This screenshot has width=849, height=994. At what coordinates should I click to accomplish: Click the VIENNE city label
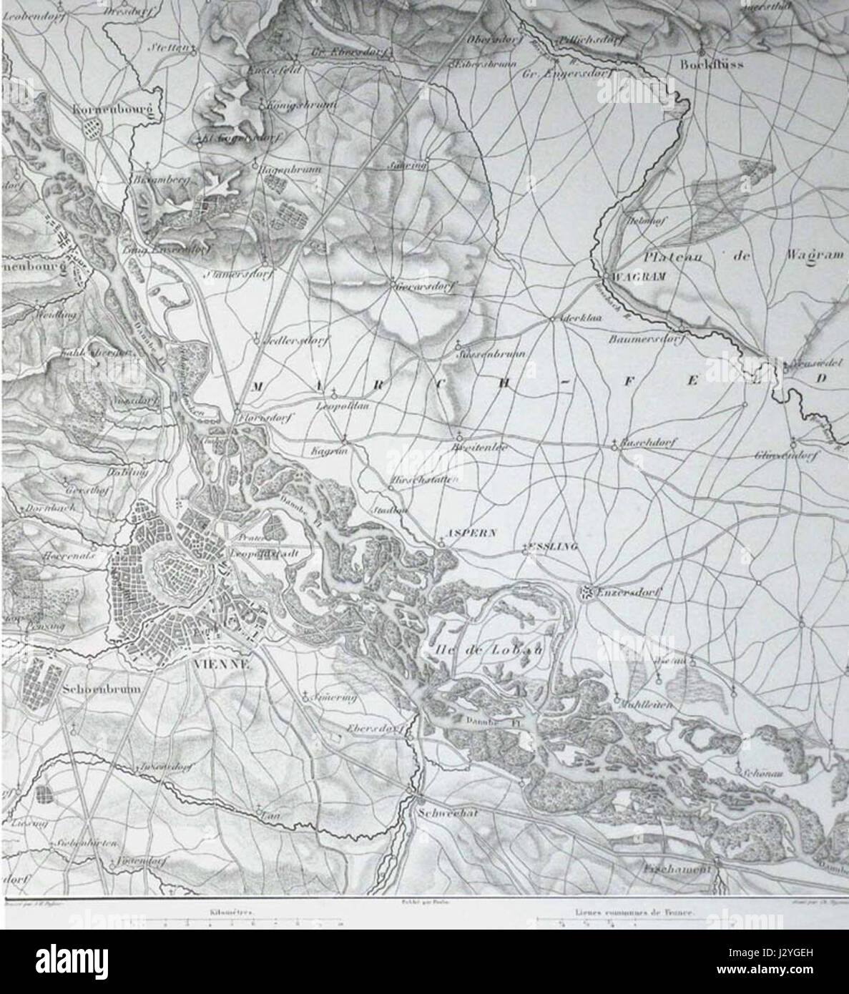(221, 663)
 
